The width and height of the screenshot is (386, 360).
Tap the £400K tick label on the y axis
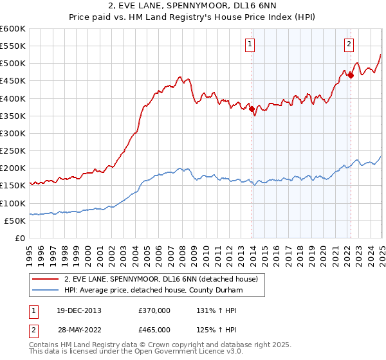point(13,98)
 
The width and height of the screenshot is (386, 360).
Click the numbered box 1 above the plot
point(250,44)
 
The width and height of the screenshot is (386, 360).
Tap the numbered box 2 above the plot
point(348,44)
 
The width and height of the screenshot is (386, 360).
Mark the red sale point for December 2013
point(252,109)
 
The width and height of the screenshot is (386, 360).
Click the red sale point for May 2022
point(351,76)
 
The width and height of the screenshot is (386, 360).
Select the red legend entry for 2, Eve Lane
point(161,279)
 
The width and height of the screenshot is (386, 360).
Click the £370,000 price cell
point(154,310)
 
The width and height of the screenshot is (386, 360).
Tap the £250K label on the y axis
point(13,151)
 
